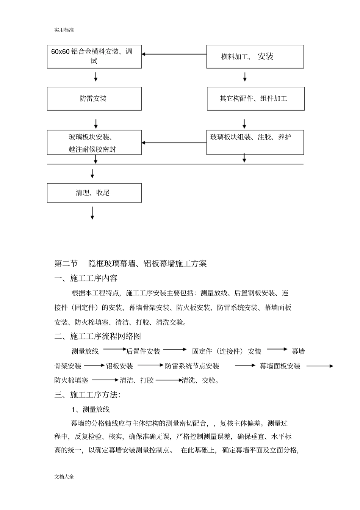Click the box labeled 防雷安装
[x=94, y=99]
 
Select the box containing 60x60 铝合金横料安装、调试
[x=94, y=56]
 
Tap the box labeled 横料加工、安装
[x=255, y=56]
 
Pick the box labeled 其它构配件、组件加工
[x=255, y=99]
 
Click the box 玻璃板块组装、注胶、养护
[x=255, y=142]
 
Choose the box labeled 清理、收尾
[x=94, y=193]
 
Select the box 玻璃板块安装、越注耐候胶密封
[x=94, y=143]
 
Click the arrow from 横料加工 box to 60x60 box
[x=174, y=54]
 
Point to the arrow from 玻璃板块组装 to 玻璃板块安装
[x=174, y=143]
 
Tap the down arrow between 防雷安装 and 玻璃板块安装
[x=96, y=124]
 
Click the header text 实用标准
[x=64, y=30]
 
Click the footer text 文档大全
[x=64, y=477]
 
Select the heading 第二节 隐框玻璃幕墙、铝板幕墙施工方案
[x=131, y=264]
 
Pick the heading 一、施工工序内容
[x=86, y=278]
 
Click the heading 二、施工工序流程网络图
[x=98, y=336]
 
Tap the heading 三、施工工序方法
[x=88, y=395]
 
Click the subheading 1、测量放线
[x=91, y=409]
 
